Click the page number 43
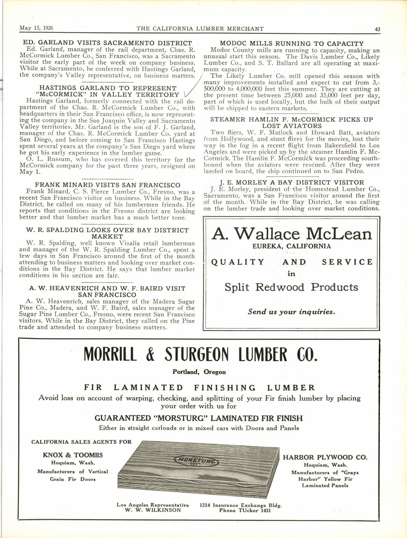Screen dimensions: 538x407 (x=377, y=29)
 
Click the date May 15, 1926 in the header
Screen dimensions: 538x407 (x=36, y=28)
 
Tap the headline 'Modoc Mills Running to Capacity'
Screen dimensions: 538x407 (x=292, y=44)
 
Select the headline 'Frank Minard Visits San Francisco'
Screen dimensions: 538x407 (x=107, y=185)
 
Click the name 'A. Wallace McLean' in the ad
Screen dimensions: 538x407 (x=292, y=234)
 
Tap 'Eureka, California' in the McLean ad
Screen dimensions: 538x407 (x=292, y=246)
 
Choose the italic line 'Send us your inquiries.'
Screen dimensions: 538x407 (x=291, y=312)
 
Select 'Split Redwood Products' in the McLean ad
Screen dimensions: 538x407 (x=291, y=287)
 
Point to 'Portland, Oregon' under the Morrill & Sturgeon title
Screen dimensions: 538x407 (x=199, y=372)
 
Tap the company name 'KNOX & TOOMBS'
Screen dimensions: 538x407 (x=73, y=455)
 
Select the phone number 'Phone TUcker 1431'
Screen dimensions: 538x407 (x=245, y=510)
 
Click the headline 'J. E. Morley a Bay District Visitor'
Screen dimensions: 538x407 (x=292, y=182)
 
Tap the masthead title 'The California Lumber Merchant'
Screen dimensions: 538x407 (x=200, y=29)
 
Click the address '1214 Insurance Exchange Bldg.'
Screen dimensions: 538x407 (x=241, y=505)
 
